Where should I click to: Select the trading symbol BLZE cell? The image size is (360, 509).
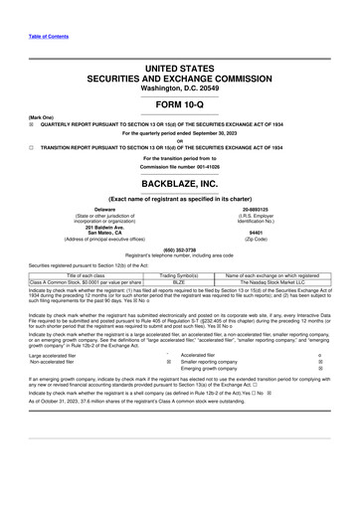coord(180,282)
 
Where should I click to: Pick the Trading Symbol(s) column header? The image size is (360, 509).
coord(180,275)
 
